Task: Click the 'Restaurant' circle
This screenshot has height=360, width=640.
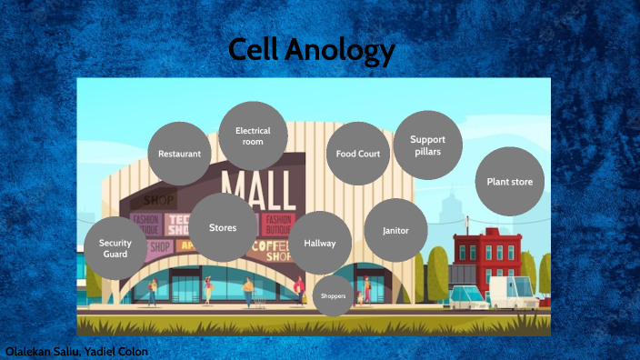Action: (179, 154)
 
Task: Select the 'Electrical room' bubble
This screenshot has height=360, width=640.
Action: (253, 136)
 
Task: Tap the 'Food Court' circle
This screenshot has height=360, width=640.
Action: (358, 154)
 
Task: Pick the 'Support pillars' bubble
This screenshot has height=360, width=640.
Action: (427, 145)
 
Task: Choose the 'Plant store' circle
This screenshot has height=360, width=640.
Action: (509, 182)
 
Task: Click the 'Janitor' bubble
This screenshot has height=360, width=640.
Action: (395, 231)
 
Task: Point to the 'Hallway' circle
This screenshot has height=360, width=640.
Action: (320, 244)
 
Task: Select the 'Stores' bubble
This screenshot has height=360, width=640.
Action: (223, 227)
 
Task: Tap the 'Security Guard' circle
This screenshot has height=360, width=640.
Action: (115, 248)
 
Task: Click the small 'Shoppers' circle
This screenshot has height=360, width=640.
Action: (333, 296)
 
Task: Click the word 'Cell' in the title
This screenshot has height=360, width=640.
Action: (254, 51)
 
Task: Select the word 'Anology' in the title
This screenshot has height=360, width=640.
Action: (341, 53)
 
